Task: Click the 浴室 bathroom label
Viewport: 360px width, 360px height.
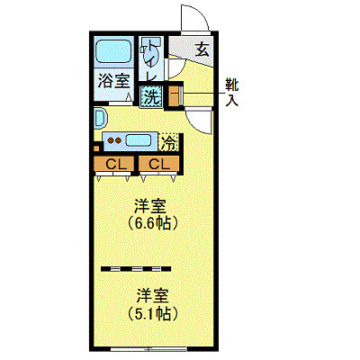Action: tap(113, 80)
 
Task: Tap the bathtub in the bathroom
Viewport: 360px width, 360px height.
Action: tap(113, 52)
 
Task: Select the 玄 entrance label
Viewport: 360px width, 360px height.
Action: tap(202, 49)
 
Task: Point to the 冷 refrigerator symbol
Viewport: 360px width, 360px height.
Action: tap(168, 141)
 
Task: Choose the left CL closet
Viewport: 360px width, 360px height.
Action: tap(114, 164)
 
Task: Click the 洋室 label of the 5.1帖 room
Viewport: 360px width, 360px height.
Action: tap(153, 295)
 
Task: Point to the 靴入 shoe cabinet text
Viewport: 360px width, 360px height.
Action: tap(232, 92)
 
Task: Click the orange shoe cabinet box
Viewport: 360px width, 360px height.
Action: tap(174, 94)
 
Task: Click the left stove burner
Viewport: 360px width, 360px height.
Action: tap(109, 139)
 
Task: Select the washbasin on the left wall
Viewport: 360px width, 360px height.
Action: tap(99, 118)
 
